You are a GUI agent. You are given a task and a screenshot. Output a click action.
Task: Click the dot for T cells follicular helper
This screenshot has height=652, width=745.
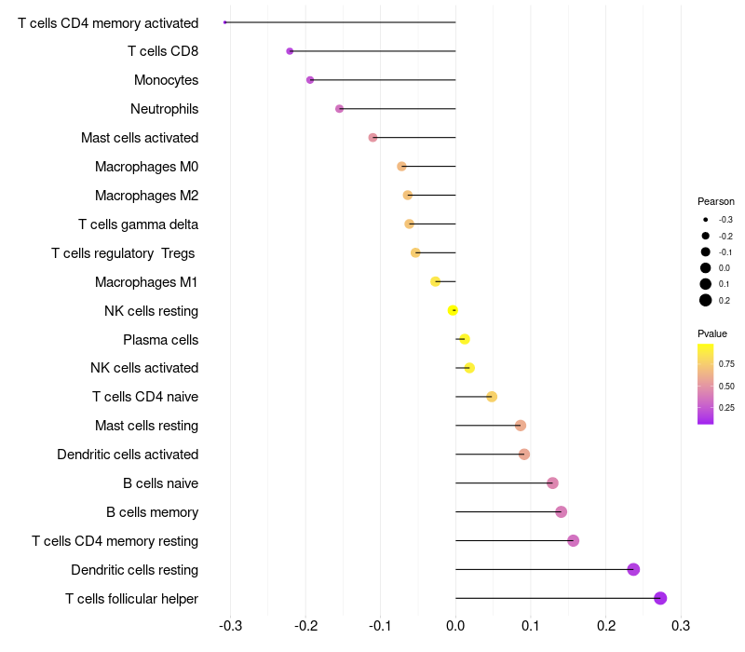(x=660, y=598)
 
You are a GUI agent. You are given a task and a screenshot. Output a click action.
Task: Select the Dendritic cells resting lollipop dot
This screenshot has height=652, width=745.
(x=633, y=569)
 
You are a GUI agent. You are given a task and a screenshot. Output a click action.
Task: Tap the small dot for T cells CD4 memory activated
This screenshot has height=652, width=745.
(x=225, y=22)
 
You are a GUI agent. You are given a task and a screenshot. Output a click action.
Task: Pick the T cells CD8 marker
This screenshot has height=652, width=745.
(x=290, y=51)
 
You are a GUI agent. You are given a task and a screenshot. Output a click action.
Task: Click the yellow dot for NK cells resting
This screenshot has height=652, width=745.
(x=453, y=310)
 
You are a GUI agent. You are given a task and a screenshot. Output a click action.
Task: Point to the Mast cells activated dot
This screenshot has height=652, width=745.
(x=373, y=137)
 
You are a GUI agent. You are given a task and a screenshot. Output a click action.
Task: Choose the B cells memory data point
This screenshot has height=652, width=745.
(x=562, y=511)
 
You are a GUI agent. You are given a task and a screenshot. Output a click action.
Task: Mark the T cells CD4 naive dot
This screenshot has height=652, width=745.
(x=492, y=397)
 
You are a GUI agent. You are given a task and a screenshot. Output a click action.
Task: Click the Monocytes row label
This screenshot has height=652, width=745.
(x=167, y=80)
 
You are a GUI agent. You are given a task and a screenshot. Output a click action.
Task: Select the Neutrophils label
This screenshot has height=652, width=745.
(x=165, y=109)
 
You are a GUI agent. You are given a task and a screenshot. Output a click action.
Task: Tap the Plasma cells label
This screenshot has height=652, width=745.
(x=160, y=340)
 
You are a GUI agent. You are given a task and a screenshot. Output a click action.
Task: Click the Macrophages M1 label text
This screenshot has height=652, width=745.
(x=146, y=282)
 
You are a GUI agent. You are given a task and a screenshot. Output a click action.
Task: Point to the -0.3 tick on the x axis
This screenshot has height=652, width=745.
(x=230, y=626)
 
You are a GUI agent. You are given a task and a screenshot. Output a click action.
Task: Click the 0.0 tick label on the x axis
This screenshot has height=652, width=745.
(x=455, y=626)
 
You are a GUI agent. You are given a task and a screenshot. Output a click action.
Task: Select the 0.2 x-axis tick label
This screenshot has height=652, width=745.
(x=606, y=626)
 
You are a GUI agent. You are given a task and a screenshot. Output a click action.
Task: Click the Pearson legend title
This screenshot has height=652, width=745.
(x=716, y=201)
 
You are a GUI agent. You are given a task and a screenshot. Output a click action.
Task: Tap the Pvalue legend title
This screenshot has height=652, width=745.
(x=712, y=333)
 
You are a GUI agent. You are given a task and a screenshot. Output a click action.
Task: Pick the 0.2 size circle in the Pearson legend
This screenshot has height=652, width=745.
(x=706, y=300)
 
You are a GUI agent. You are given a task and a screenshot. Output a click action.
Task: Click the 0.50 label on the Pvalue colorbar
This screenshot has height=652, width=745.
(x=726, y=386)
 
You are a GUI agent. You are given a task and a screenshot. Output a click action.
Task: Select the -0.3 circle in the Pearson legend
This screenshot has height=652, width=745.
(x=706, y=220)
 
